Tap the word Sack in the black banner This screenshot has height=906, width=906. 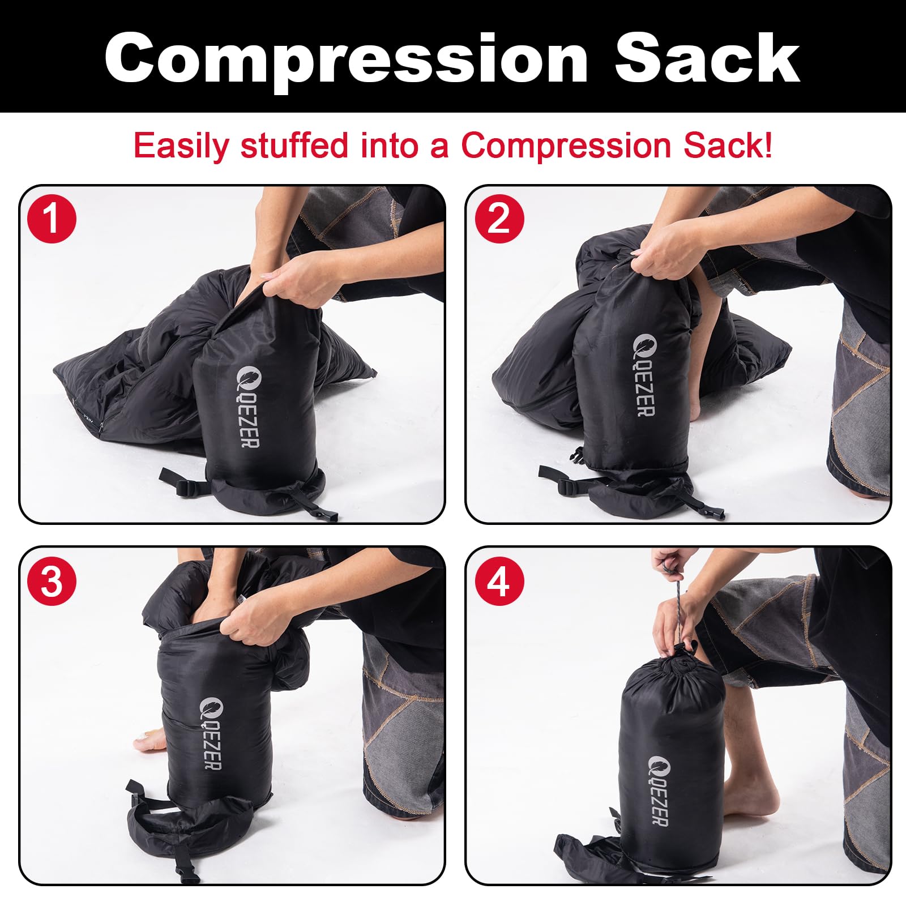point(707,58)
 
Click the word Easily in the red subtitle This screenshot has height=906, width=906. point(181,146)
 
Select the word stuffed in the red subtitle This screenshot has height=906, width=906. point(294,145)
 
